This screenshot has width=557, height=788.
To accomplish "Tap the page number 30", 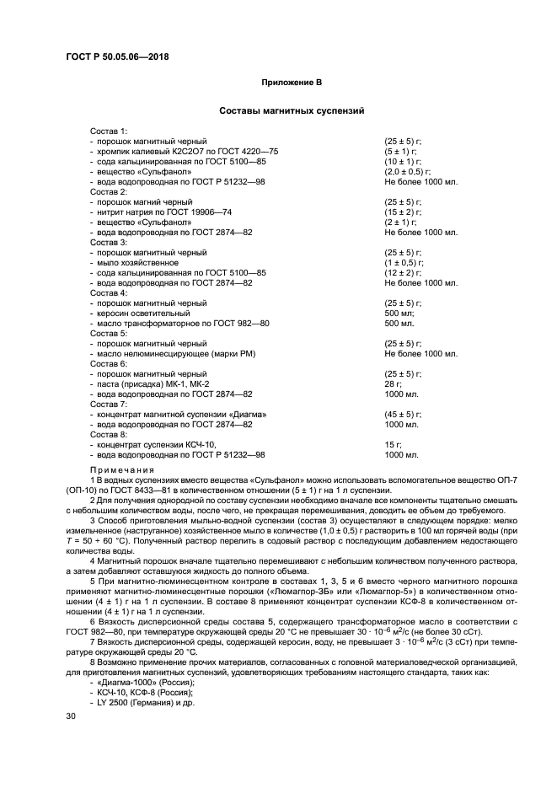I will click(72, 716).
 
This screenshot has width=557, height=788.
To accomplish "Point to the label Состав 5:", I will click(109, 333).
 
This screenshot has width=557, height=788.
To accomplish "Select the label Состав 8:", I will click(109, 434).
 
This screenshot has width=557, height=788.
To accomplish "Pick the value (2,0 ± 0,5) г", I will click(408, 171).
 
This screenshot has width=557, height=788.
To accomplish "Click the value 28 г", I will click(392, 383).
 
